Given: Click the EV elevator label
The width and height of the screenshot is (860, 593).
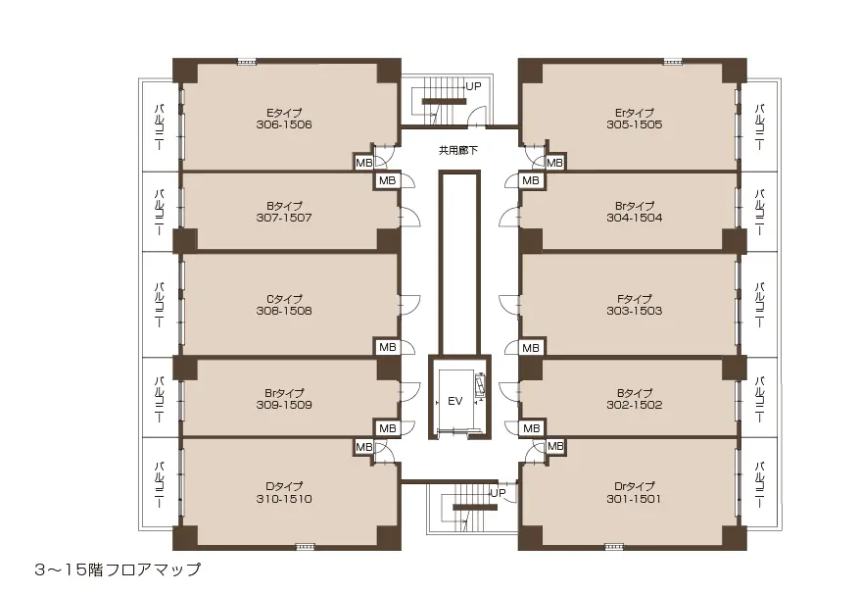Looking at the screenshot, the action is [455, 401].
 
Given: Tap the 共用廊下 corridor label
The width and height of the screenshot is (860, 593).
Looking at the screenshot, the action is [458, 150].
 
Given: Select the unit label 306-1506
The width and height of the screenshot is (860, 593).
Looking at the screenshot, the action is [284, 124].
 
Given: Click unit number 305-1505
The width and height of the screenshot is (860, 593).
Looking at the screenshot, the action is [635, 124].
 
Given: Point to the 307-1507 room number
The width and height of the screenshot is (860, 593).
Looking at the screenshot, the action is [284, 218].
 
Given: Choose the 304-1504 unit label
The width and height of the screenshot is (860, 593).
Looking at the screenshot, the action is [635, 218].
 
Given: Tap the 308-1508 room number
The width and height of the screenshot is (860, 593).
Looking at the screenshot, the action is [284, 311].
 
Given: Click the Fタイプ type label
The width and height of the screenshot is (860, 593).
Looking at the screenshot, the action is [635, 299].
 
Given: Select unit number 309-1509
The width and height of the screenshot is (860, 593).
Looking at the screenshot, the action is [284, 405].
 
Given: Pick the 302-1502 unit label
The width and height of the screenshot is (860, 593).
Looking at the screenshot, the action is [635, 405].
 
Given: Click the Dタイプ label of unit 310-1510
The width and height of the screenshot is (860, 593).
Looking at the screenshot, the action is [284, 486].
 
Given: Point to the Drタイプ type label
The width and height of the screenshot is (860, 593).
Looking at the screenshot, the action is [635, 486].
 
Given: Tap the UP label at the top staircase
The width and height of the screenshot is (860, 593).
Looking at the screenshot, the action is [473, 87].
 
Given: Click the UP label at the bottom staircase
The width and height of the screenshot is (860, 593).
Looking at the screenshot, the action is [498, 493].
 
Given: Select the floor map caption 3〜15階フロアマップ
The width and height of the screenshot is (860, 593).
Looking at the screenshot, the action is [118, 569].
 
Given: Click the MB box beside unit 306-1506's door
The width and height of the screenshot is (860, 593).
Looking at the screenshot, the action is [364, 163].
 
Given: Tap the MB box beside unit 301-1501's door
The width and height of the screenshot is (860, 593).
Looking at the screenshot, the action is [555, 446].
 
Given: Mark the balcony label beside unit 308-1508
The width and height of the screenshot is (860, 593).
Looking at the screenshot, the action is [160, 305].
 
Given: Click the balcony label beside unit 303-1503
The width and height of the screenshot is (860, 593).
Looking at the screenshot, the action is [760, 305].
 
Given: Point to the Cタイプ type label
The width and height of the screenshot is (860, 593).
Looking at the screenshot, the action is [284, 299].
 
